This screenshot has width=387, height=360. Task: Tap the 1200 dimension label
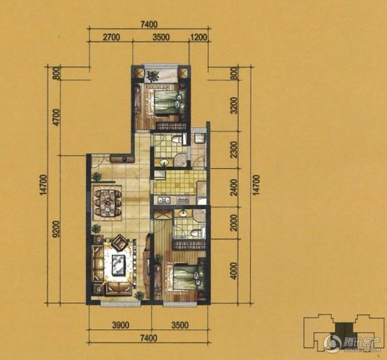click(x=198, y=37)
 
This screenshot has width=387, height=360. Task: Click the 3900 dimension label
click(x=120, y=324)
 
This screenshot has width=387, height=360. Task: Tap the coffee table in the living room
click(x=118, y=265)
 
